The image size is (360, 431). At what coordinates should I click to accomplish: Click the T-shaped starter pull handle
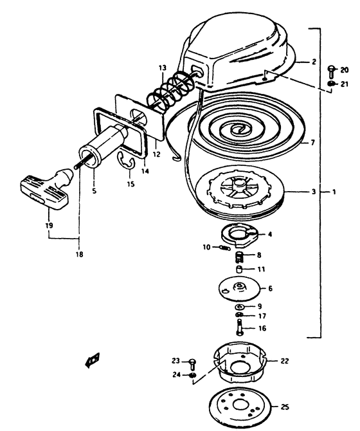pos(47,190)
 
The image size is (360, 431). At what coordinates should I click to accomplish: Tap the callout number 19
pos(49,226)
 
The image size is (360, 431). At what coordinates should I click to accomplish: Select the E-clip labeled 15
pos(126,163)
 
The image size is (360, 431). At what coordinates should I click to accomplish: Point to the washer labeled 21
pos(332,84)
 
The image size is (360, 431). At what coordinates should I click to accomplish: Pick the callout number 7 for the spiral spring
pos(312,142)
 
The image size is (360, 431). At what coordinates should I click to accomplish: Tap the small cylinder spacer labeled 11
pos(239,269)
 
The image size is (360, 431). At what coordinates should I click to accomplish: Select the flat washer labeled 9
pos(240,307)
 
